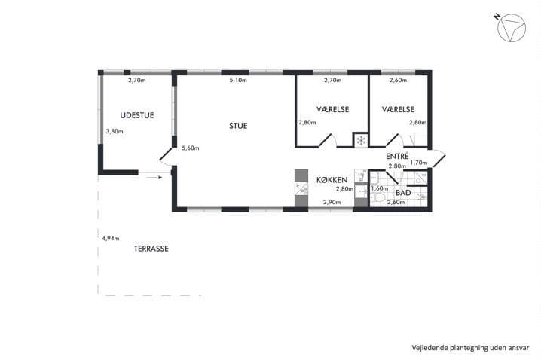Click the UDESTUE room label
click(x=137, y=115)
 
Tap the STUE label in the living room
click(x=238, y=126)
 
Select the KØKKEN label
click(x=332, y=180)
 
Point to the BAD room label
click(x=403, y=193)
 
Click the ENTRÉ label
click(x=397, y=156)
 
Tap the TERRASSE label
click(x=151, y=249)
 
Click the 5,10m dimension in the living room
click(x=238, y=81)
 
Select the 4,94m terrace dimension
click(x=111, y=238)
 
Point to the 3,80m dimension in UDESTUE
click(x=115, y=131)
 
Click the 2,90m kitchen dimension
click(x=332, y=202)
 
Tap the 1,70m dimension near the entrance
click(x=418, y=163)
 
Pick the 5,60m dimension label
click(x=191, y=148)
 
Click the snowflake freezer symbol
click(x=361, y=140)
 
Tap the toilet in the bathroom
click(x=379, y=198)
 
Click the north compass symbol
click(x=511, y=28)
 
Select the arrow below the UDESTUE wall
click(x=154, y=177)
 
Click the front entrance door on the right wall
click(x=439, y=159)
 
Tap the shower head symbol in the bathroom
click(x=421, y=197)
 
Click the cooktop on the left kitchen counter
click(x=301, y=188)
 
